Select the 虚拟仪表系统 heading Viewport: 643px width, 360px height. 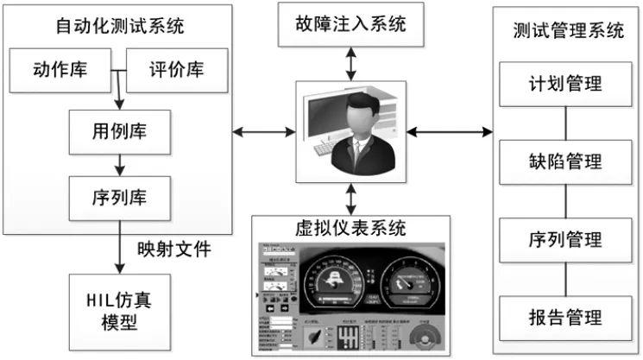pyautogui.click(x=349, y=229)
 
